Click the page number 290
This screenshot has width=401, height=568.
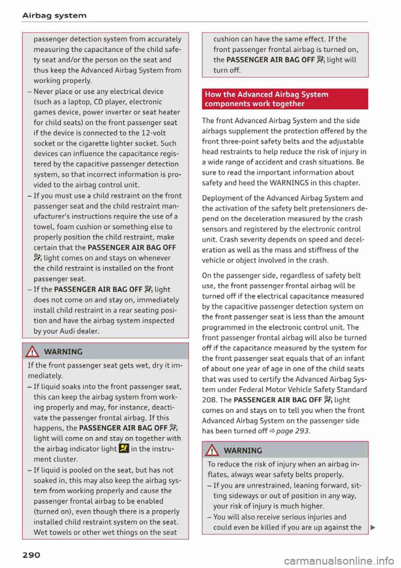coord(31,555)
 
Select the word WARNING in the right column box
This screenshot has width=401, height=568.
coord(243,450)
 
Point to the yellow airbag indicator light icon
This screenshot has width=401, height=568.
coord(124,449)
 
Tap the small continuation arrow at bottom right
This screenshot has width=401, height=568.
coord(373,528)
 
